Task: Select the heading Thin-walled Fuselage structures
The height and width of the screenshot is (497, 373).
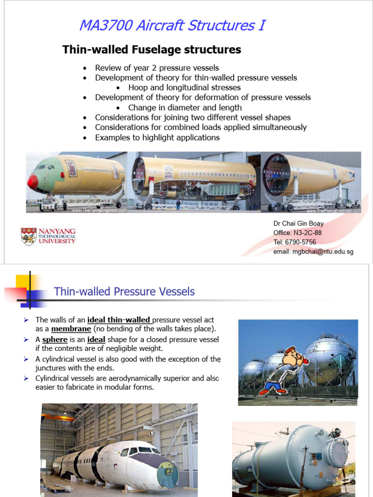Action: [x=152, y=50]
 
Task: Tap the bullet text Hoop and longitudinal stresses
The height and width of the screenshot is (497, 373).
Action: [x=184, y=88]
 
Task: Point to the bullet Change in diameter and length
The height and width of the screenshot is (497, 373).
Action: [x=185, y=108]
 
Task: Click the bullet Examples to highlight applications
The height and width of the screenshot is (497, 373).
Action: [x=157, y=137]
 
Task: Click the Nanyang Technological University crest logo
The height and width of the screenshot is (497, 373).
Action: [x=29, y=236]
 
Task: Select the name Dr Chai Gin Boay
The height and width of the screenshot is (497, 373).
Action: [x=298, y=224]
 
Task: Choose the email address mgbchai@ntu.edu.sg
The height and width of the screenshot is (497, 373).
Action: [x=313, y=251]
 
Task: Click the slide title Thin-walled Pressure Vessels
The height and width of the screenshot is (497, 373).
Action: [x=124, y=292]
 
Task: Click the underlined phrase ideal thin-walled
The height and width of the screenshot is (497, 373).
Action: [x=119, y=320]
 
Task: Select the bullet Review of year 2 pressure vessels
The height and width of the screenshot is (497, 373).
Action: [x=156, y=68]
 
